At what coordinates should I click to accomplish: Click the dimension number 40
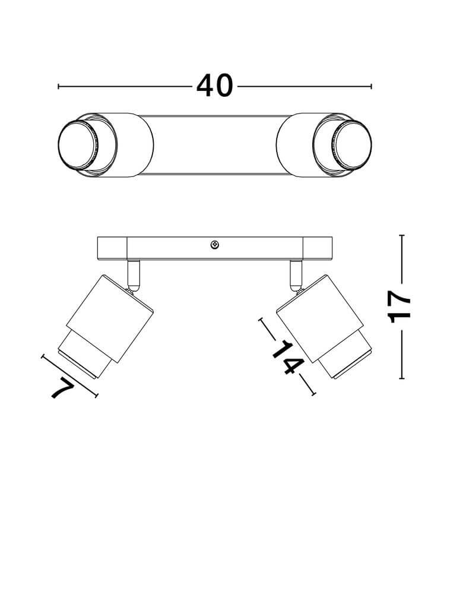(x=214, y=86)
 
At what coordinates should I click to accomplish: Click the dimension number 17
(x=400, y=307)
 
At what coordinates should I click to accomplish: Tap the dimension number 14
(x=288, y=357)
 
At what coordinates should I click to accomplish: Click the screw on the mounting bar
(x=215, y=245)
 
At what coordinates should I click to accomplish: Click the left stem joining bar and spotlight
(x=134, y=274)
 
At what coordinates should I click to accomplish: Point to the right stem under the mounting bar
(x=296, y=274)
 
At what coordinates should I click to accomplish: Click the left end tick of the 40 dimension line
(x=58, y=86)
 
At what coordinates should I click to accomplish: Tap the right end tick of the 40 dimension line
(x=371, y=86)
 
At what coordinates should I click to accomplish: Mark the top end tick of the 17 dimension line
(x=401, y=235)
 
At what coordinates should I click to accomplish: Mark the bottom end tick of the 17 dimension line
(x=401, y=378)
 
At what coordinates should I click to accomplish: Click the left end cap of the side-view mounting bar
(x=112, y=248)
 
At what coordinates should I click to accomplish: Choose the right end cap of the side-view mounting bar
(x=318, y=248)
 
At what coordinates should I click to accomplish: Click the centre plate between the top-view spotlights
(x=215, y=144)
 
